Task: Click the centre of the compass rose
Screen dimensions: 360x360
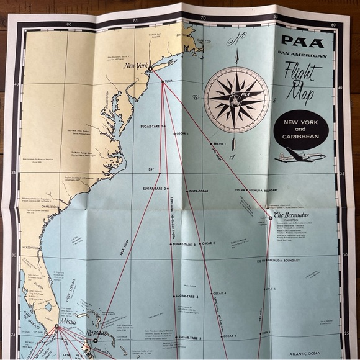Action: click(x=236, y=99)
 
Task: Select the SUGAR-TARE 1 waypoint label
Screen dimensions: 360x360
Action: click(x=151, y=126)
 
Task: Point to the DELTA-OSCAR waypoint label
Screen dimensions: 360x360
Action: click(x=202, y=191)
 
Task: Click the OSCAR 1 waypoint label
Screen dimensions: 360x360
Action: click(x=182, y=133)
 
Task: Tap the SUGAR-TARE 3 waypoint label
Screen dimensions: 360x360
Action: click(x=184, y=245)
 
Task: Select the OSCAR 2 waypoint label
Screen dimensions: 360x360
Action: click(x=208, y=243)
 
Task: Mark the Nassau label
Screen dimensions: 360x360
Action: click(x=97, y=333)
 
